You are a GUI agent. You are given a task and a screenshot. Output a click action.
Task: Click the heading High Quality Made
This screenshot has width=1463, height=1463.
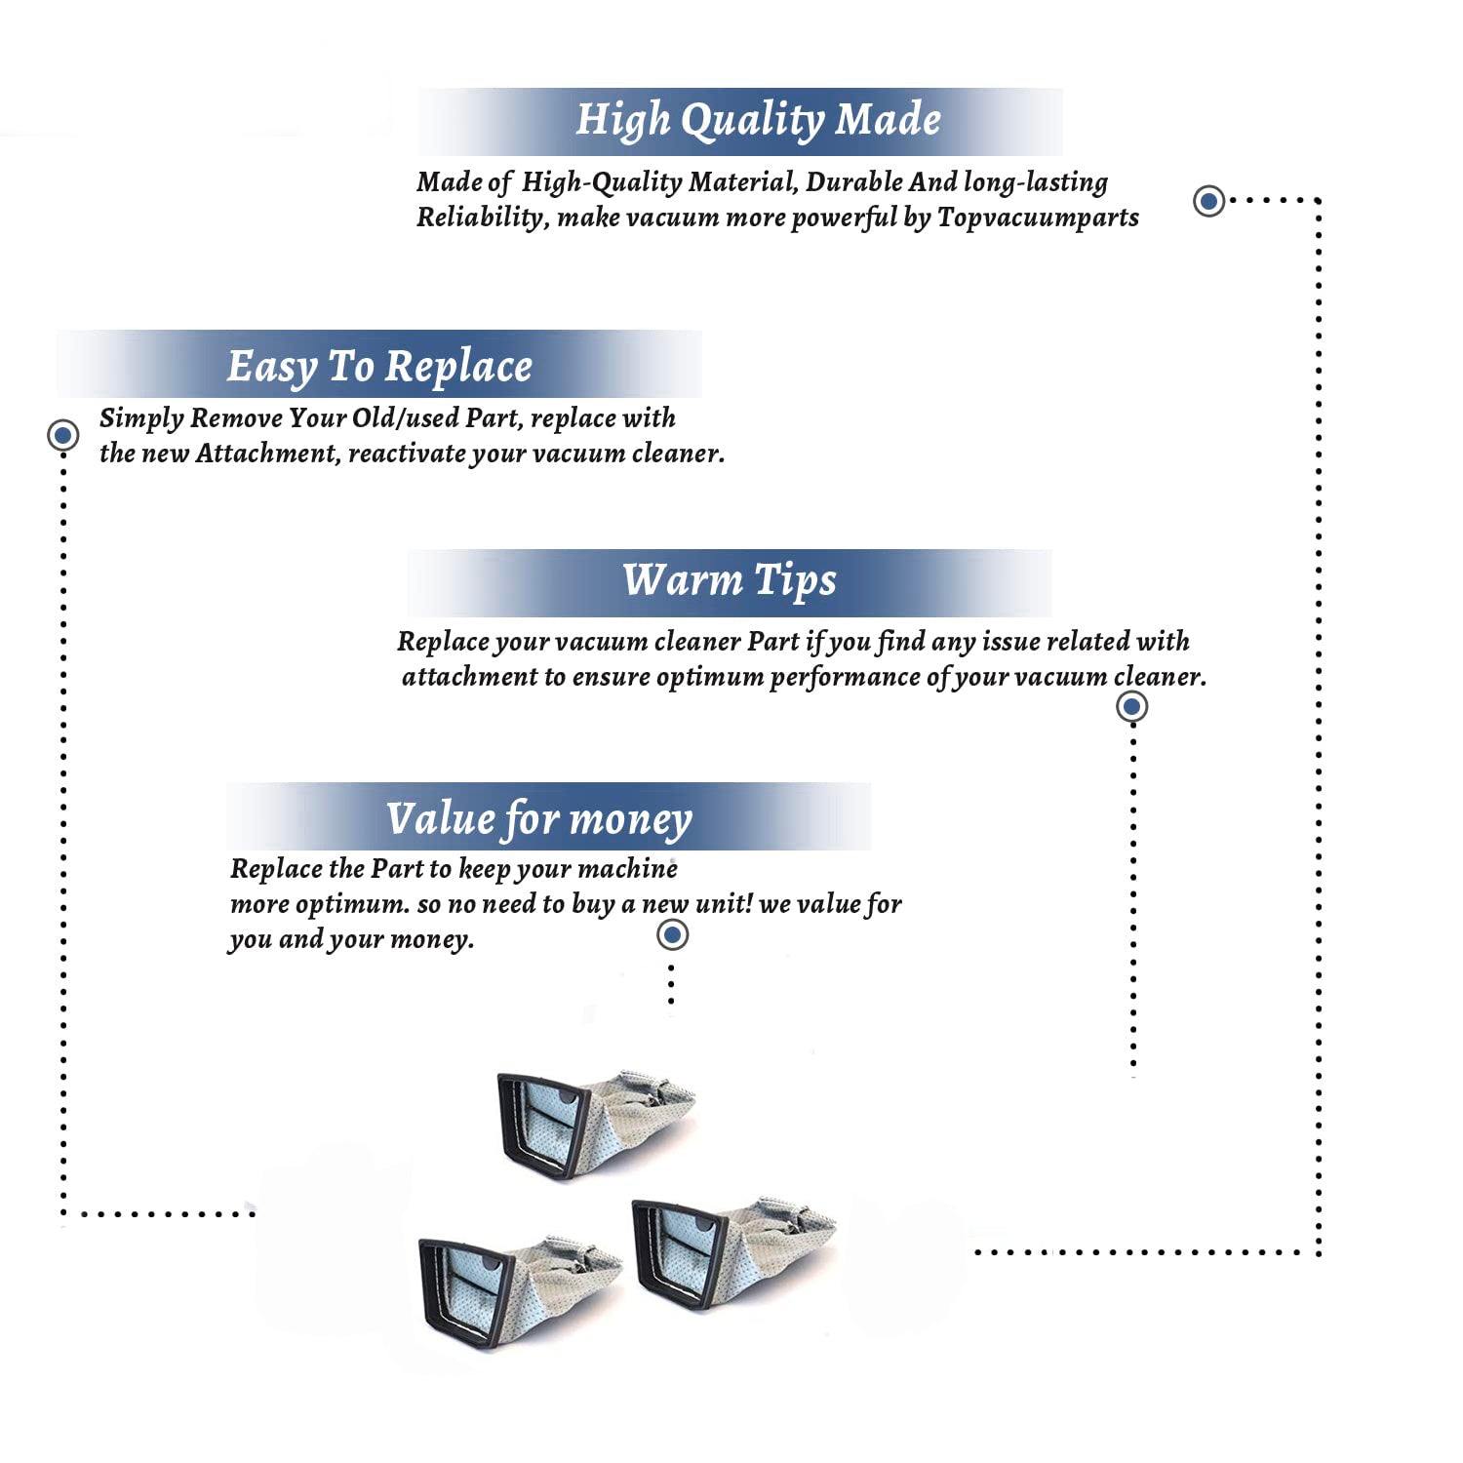tap(758, 120)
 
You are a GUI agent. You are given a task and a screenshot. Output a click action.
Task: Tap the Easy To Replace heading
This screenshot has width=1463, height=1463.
tap(379, 367)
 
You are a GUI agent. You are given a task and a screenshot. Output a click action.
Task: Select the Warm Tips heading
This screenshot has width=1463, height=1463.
tap(730, 580)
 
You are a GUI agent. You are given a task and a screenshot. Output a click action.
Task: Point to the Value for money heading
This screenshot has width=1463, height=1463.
tap(538, 818)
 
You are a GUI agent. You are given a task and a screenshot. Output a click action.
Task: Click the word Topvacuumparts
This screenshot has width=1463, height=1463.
tap(1038, 217)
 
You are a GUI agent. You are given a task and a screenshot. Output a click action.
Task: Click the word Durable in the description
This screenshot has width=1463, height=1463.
tap(853, 182)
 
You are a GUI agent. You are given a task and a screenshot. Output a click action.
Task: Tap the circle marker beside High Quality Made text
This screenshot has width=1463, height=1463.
tap(1209, 201)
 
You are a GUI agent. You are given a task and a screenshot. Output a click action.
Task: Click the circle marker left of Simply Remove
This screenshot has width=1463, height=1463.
tap(63, 435)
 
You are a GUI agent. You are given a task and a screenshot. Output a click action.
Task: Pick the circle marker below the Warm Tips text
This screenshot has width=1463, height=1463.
tap(1131, 706)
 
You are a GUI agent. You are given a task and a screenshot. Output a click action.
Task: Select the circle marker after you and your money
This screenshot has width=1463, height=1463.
tap(672, 934)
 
